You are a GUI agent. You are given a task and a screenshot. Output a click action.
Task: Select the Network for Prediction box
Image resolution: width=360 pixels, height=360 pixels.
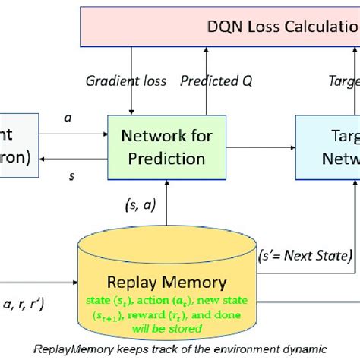click(x=166, y=147)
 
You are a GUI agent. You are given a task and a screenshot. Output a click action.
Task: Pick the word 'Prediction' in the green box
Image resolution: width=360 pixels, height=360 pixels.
click(x=166, y=159)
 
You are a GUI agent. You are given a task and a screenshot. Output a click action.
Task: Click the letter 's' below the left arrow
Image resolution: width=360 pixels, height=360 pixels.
click(x=71, y=176)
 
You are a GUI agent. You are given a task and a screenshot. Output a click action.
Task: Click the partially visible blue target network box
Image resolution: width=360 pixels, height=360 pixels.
click(x=327, y=147)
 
